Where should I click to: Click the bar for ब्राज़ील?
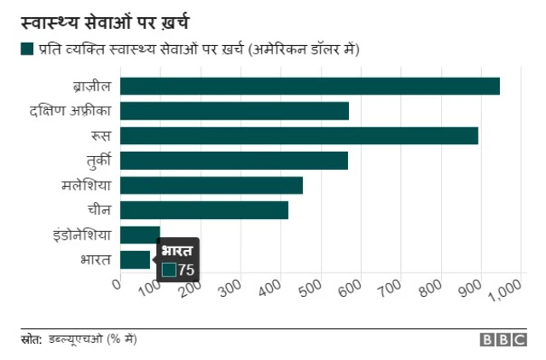[310, 86]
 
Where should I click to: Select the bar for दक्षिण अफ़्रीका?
[235, 111]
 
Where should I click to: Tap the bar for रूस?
[299, 136]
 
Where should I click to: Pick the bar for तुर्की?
[234, 160]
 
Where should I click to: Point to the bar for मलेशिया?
[212, 185]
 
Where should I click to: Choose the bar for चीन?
[204, 210]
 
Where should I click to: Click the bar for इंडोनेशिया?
[140, 235]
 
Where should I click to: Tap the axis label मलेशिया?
[87, 185]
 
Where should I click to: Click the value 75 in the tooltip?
[186, 270]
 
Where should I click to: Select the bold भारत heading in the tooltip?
[177, 251]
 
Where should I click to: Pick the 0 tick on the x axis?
[118, 284]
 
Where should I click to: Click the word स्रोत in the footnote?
[32, 340]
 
